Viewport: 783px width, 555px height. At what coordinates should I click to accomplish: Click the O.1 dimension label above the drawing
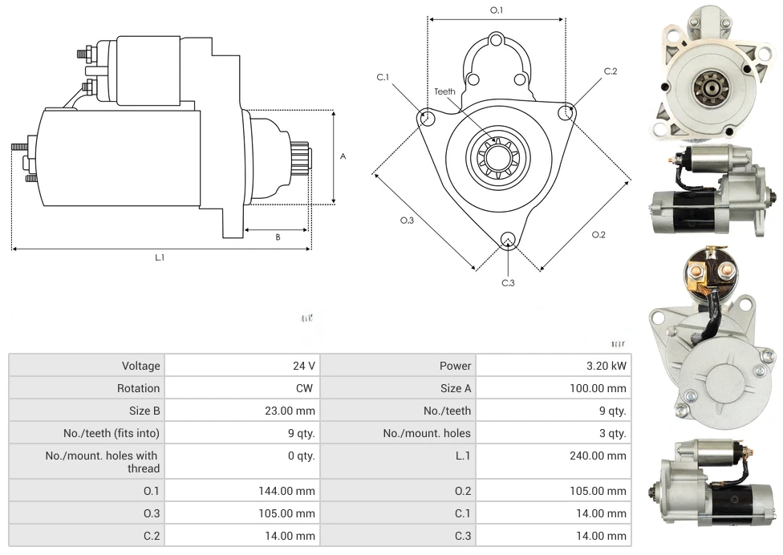[497, 10]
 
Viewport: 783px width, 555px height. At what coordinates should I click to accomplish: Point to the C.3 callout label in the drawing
[508, 282]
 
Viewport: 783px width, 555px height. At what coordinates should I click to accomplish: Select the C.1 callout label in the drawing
[383, 77]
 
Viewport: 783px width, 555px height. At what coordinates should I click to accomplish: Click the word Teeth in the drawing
[444, 91]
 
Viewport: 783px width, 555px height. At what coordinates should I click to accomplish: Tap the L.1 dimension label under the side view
[160, 257]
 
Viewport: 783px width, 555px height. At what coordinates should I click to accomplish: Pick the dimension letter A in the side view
[343, 156]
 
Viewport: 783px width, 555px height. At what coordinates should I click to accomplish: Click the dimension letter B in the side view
[278, 237]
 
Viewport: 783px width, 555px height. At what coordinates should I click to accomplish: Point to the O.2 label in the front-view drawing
[598, 234]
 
